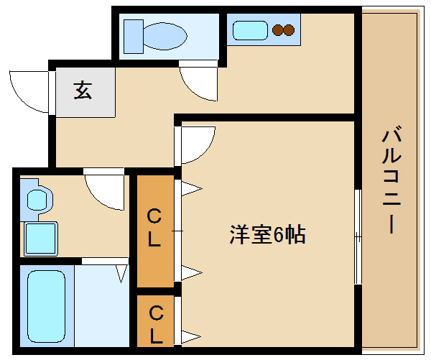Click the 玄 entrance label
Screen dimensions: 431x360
(83, 91)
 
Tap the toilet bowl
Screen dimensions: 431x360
(165, 37)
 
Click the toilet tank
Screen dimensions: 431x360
(134, 37)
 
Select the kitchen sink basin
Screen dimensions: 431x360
(250, 31)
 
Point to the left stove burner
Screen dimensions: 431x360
(278, 30)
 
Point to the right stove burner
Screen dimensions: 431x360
(289, 30)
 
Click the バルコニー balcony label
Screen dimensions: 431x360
(391, 180)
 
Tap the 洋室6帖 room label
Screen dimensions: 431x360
(267, 234)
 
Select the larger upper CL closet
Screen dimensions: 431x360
(156, 231)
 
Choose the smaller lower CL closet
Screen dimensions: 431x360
(156, 321)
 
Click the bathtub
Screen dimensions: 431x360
(47, 306)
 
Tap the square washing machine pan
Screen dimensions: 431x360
(41, 239)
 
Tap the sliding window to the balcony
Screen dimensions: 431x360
(358, 236)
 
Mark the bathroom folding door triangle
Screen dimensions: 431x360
(121, 274)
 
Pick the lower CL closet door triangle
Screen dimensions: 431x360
(191, 336)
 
